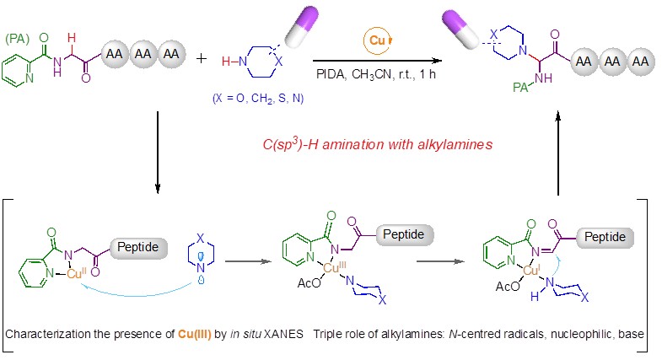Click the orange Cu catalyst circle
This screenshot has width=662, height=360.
(377, 40)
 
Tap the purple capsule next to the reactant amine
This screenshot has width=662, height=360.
(301, 26)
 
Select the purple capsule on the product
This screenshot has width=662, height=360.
(460, 30)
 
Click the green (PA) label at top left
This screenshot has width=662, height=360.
(18, 39)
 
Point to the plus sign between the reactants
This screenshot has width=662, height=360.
(202, 58)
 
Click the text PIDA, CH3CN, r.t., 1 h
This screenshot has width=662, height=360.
(376, 74)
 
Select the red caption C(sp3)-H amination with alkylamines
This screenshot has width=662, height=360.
(378, 144)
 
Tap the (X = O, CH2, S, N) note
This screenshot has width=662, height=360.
(258, 99)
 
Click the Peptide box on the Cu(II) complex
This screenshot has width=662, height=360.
(138, 247)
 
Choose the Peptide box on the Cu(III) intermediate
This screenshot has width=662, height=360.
(403, 234)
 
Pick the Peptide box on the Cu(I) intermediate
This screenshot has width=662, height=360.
(605, 237)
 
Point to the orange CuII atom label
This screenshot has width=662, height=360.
(77, 273)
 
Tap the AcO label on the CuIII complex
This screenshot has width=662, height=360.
(309, 283)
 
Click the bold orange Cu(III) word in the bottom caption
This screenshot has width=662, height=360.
(194, 334)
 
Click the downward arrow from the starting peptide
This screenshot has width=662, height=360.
(158, 153)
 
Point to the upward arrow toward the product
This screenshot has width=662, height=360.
(558, 153)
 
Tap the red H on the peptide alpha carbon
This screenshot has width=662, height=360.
(72, 38)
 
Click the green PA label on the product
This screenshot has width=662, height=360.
(520, 87)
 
